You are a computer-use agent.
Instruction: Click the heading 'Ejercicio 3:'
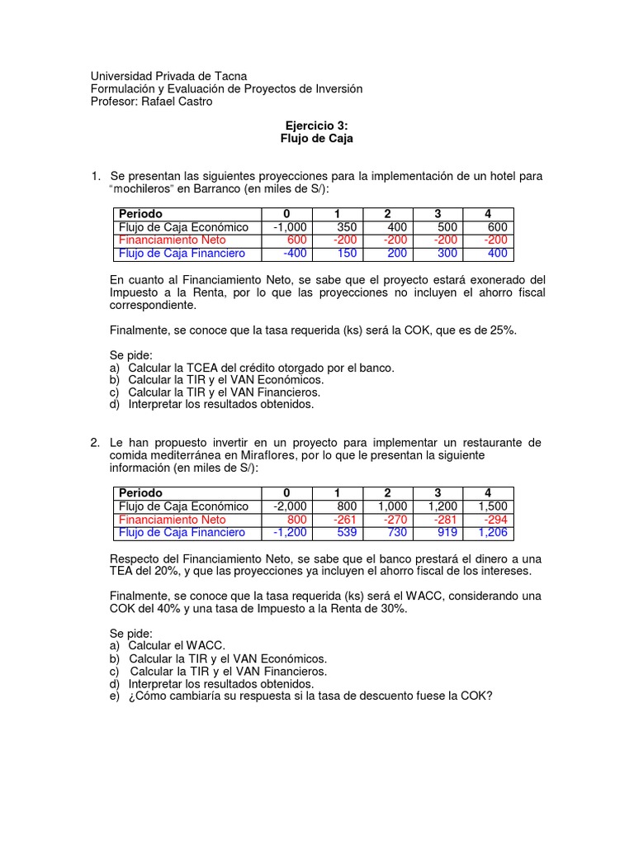(x=316, y=126)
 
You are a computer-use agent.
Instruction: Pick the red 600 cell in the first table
(x=296, y=240)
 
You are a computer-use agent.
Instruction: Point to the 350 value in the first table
(x=347, y=227)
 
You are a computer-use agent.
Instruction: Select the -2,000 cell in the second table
(x=289, y=506)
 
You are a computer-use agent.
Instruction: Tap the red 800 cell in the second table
(x=296, y=520)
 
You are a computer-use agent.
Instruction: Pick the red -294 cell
(x=498, y=520)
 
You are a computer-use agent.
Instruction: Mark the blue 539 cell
(x=347, y=533)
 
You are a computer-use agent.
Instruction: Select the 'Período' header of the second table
(x=141, y=493)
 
